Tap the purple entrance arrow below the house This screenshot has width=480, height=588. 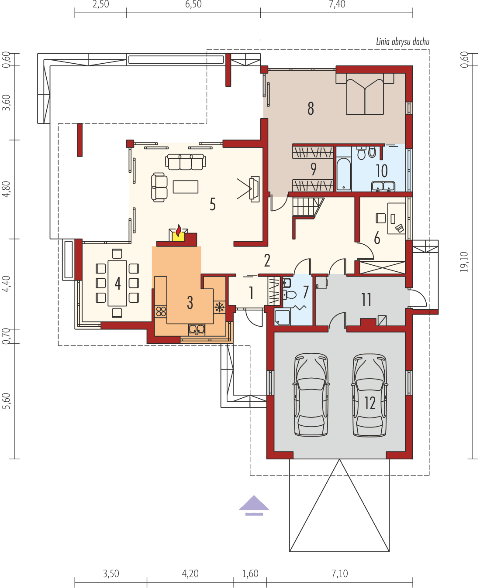click(254, 504)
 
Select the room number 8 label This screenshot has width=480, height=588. click(311, 108)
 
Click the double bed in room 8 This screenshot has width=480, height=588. click(365, 94)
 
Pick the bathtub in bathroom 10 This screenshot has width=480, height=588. click(344, 174)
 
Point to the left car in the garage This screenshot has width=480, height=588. click(311, 395)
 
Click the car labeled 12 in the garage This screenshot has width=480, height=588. click(369, 395)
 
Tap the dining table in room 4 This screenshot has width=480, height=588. click(117, 284)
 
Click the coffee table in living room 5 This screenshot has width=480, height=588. click(186, 187)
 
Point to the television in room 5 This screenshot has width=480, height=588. click(254, 188)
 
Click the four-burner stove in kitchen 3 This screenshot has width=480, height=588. click(161, 311)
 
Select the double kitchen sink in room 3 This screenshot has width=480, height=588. click(197, 329)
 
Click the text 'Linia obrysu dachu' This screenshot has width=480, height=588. click(402, 42)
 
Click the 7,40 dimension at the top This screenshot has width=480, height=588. click(336, 5)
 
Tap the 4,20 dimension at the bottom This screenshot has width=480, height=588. click(190, 573)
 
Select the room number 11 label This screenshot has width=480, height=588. click(366, 300)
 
